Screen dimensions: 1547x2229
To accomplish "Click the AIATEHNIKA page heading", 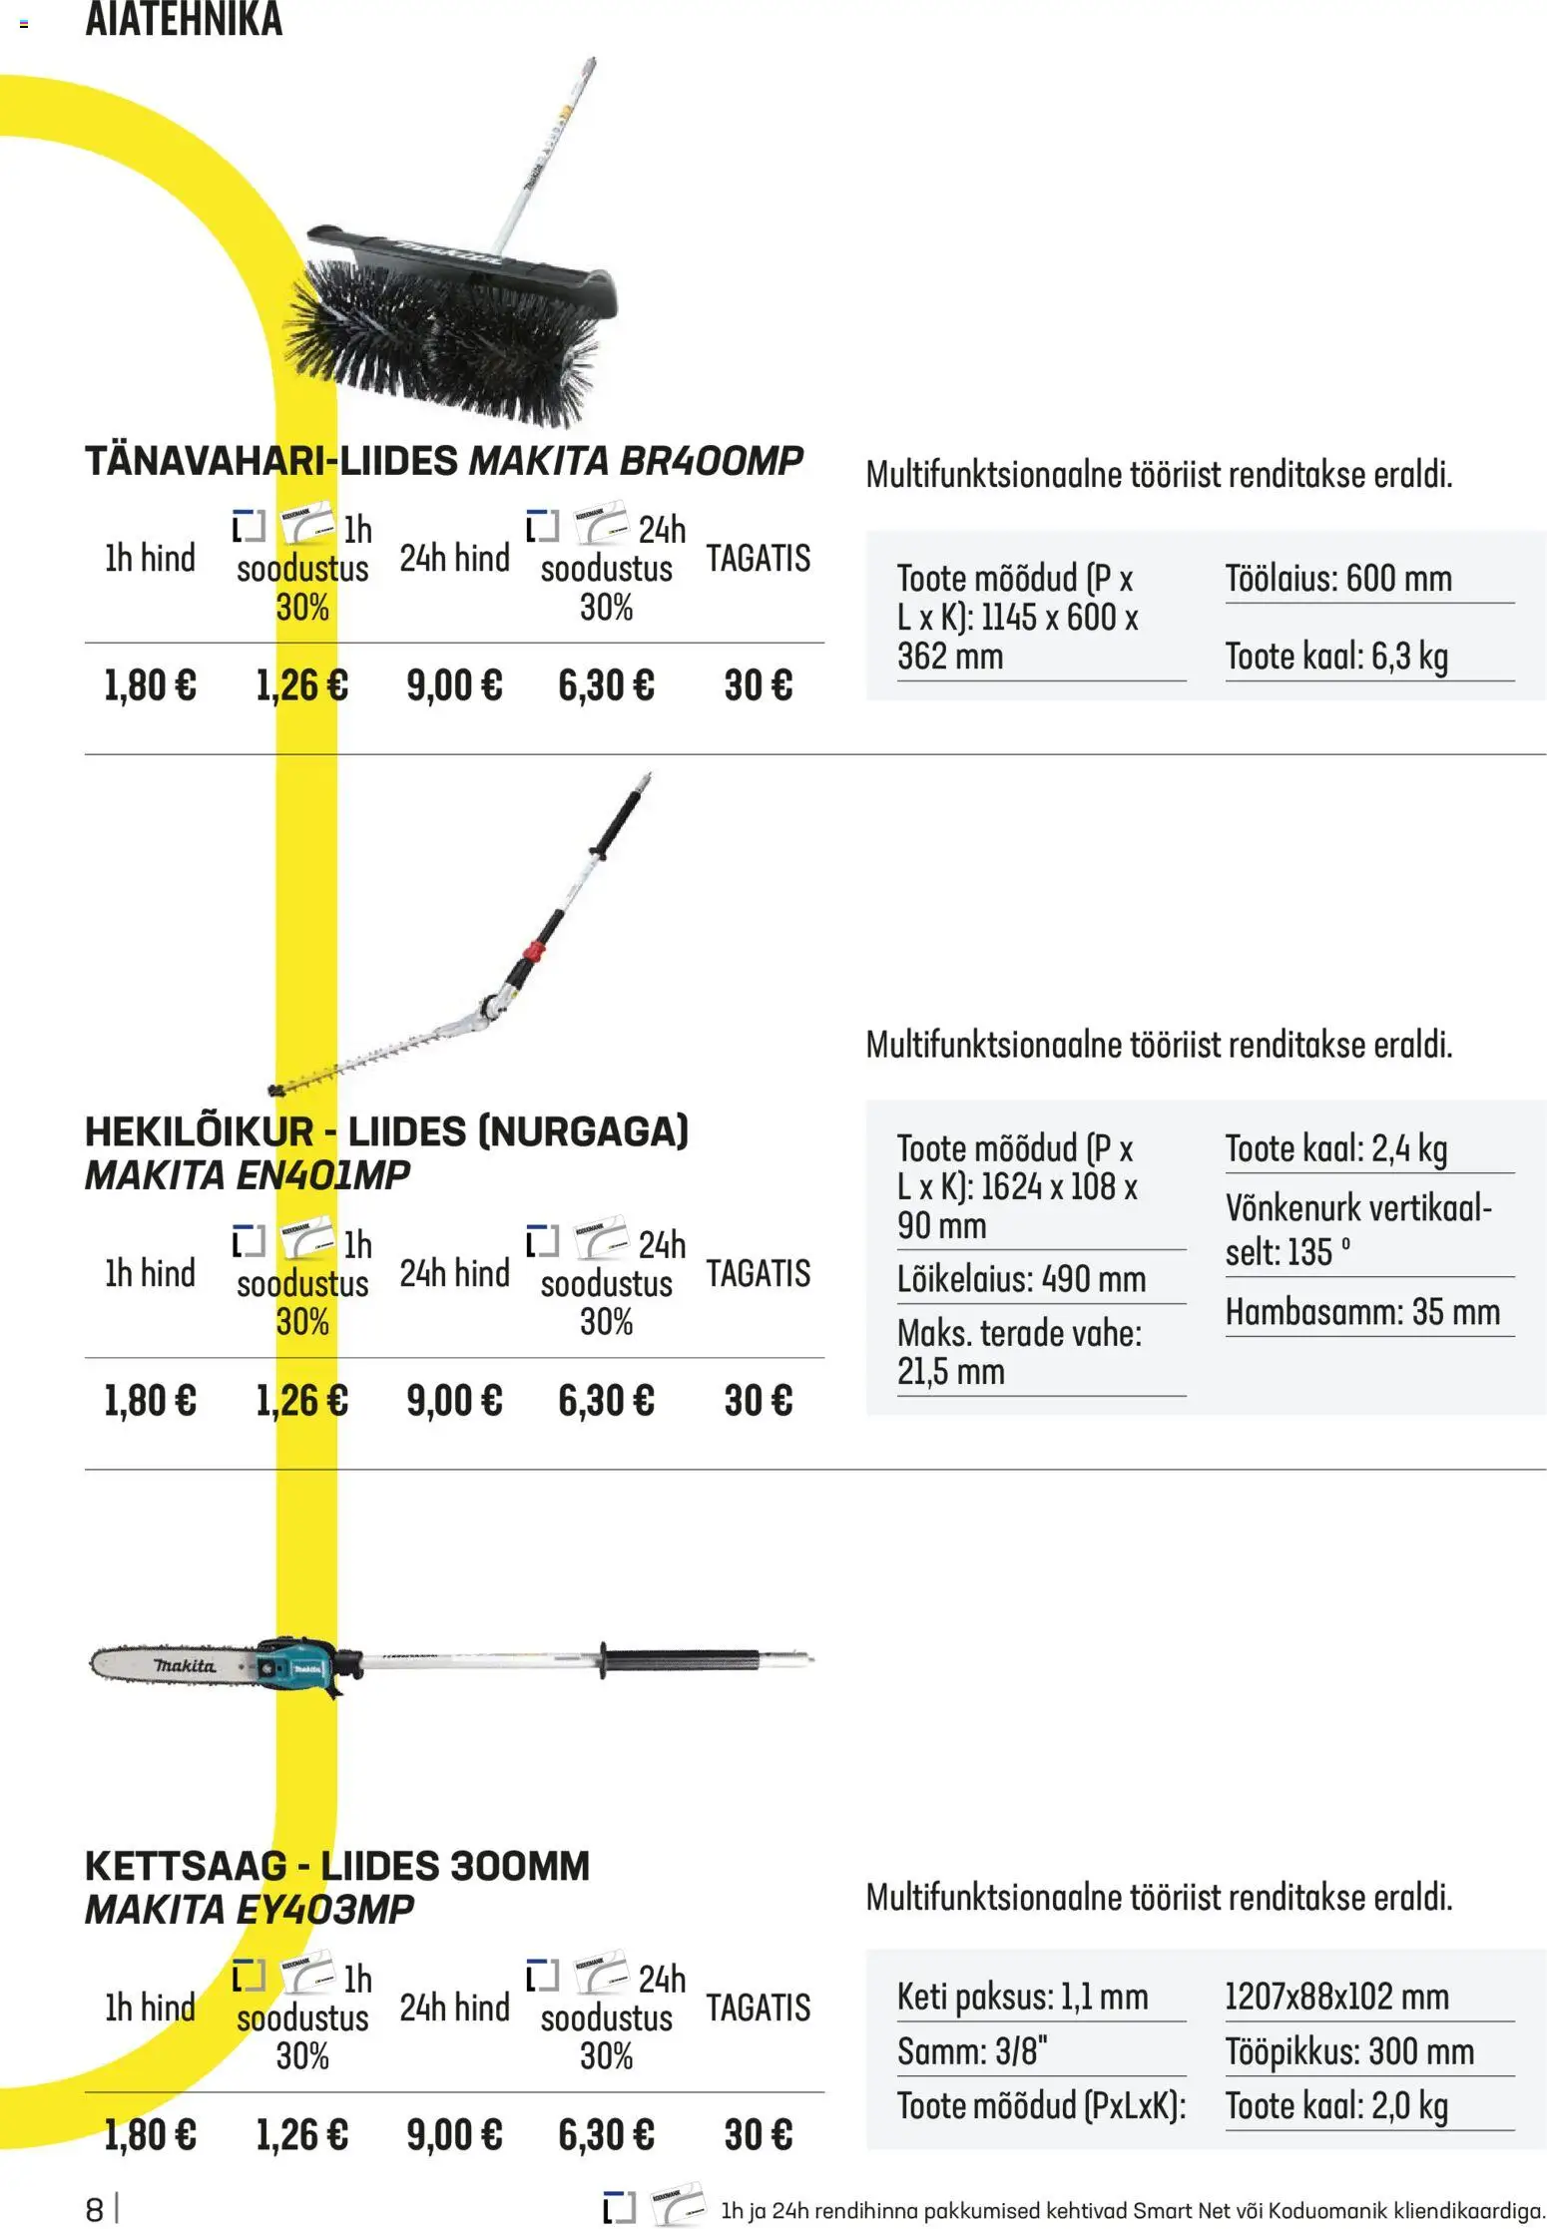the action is pyautogui.click(x=184, y=20).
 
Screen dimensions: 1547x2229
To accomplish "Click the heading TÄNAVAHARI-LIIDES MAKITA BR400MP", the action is pyautogui.click(x=444, y=461).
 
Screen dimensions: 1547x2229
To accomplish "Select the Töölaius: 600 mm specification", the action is pyautogui.click(x=1337, y=579).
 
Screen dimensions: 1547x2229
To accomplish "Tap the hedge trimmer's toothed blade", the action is pyautogui.click(x=379, y=1058).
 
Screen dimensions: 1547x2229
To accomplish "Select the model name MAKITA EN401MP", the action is pyautogui.click(x=248, y=1175).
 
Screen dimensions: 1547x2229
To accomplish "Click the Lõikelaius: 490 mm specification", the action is pyautogui.click(x=1021, y=1279).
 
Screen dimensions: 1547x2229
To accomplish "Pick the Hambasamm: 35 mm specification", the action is pyautogui.click(x=1362, y=1312).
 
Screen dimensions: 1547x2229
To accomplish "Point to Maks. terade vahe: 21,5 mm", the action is pyautogui.click(x=1018, y=1352).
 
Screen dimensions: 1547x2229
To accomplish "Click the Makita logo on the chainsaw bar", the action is pyautogui.click(x=185, y=1665).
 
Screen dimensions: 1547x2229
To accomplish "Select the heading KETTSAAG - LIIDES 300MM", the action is pyautogui.click(x=337, y=1866).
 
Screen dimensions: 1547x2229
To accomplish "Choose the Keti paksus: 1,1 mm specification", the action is pyautogui.click(x=1022, y=1998).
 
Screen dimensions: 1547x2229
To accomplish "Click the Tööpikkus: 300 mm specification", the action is pyautogui.click(x=1349, y=2052).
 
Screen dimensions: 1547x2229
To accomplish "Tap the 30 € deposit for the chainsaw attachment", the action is pyautogui.click(x=758, y=2135).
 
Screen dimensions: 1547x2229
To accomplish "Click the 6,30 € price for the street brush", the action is pyautogui.click(x=606, y=685).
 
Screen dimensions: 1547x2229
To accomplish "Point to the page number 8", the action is pyautogui.click(x=95, y=2209).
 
